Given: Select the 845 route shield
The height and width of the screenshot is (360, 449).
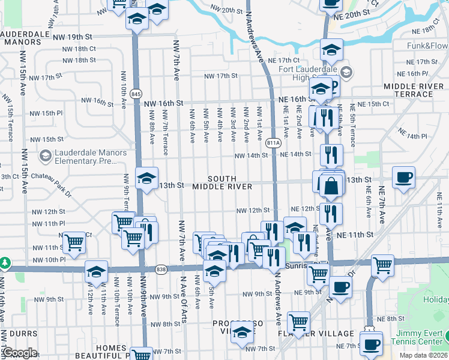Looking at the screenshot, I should tap(136, 94).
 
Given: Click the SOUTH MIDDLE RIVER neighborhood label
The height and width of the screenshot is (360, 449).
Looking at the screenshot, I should tap(222, 183).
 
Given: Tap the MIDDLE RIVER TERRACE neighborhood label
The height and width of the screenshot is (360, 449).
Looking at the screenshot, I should tap(414, 91).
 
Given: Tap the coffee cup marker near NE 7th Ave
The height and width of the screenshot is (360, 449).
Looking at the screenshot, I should tap(403, 177).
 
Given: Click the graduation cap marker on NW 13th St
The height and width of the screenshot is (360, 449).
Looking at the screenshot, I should tap(146, 178).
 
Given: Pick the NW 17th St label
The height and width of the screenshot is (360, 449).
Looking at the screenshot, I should tap(221, 76).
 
